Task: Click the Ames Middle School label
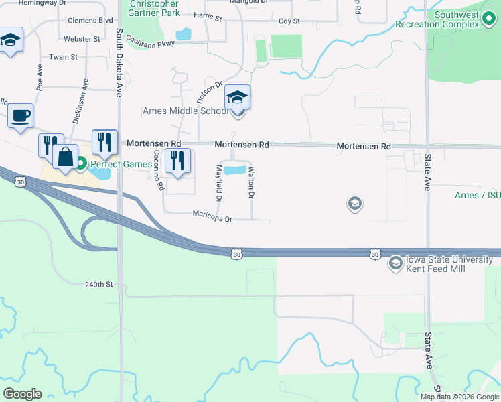[186, 111]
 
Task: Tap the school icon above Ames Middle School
[237, 98]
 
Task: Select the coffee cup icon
[20, 115]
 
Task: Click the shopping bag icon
[65, 157]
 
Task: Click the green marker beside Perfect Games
[81, 163]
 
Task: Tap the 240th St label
[99, 284]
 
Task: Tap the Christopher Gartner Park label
[154, 9]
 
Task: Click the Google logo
[22, 394]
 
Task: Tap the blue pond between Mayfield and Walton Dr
[234, 170]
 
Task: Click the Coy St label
[289, 21]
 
